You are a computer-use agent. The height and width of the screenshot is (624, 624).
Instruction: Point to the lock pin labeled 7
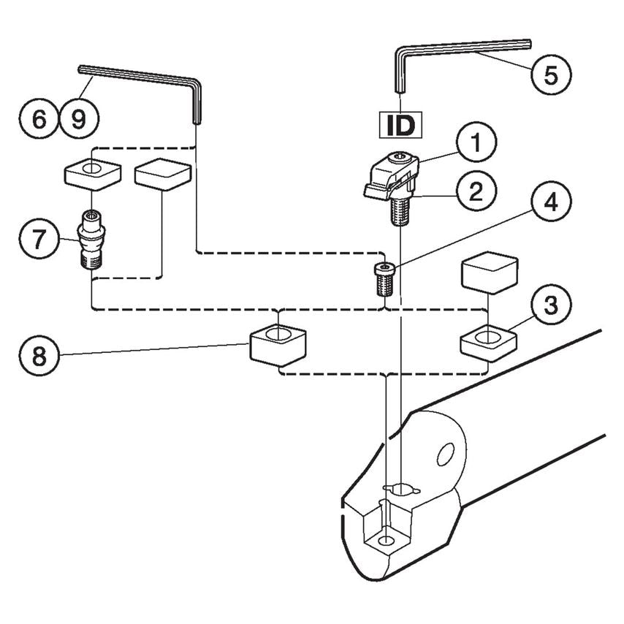(93, 238)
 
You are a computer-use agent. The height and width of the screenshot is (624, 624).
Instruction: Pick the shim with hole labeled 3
(487, 339)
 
